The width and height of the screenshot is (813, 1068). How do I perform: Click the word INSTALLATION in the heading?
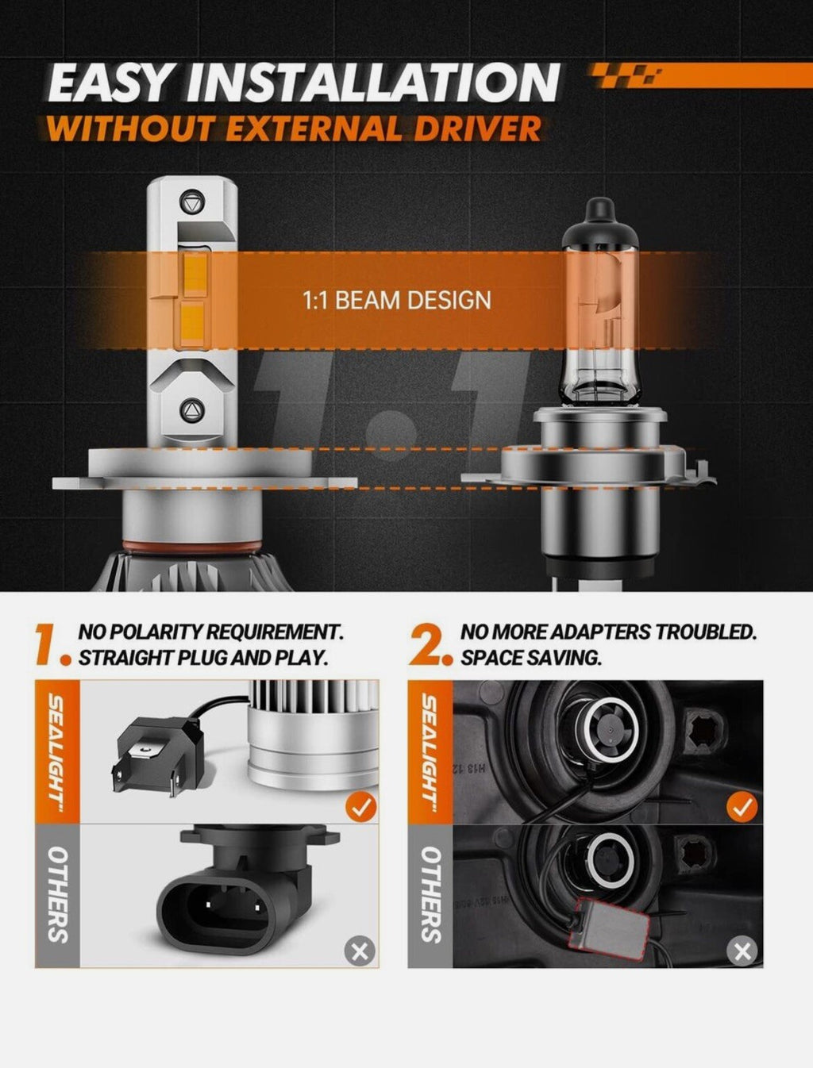click(x=373, y=83)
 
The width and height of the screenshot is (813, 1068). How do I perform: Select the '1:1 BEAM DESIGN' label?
click(x=397, y=301)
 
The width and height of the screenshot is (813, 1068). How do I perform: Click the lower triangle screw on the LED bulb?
click(x=191, y=409)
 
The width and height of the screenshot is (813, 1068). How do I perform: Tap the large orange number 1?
click(x=49, y=644)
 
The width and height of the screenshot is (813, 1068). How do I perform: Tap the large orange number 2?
click(x=429, y=644)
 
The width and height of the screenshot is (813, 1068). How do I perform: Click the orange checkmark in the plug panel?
click(x=361, y=808)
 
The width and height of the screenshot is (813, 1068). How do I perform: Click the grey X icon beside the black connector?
click(x=360, y=950)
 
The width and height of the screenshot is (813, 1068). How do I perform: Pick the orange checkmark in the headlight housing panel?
click(x=742, y=808)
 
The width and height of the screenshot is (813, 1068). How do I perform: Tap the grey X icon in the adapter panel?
click(x=742, y=950)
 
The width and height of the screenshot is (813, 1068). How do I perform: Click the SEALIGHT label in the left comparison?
click(x=57, y=750)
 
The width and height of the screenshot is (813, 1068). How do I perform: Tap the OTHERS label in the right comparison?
click(x=430, y=894)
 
